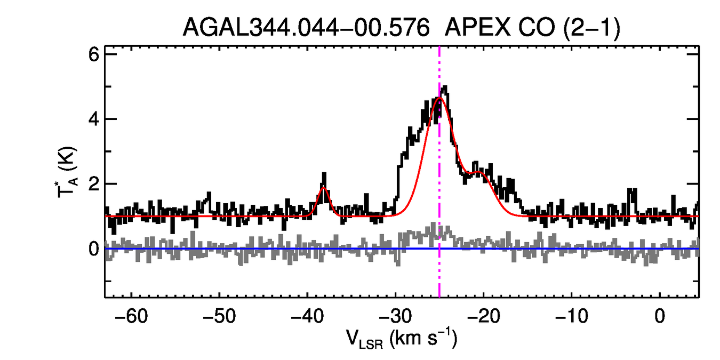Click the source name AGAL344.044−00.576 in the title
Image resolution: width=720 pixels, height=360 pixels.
[306, 27]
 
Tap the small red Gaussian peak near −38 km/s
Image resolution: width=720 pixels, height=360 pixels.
[323, 188]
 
